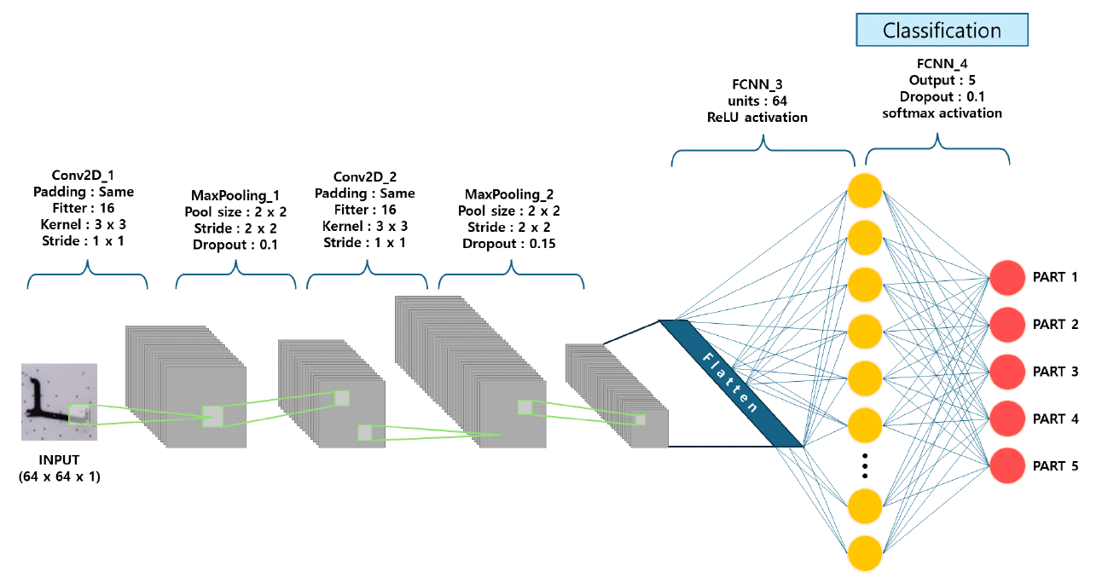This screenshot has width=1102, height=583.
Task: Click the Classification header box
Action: [x=942, y=31]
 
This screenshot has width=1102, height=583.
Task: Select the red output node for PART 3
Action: [x=1008, y=372]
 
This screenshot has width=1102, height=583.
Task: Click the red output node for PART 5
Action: [x=1008, y=466]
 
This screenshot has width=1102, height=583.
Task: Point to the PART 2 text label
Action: [x=1055, y=325]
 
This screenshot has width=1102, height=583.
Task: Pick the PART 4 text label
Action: [x=1055, y=419]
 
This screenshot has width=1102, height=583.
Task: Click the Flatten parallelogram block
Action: [x=732, y=383]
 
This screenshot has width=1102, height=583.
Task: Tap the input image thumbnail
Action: [x=59, y=401]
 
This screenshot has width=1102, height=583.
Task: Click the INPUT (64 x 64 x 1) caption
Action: [x=59, y=470]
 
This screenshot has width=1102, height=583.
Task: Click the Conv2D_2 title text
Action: [x=366, y=177]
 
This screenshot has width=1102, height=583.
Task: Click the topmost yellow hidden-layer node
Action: [x=865, y=190]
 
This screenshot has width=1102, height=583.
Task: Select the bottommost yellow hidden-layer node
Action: [x=865, y=552]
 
